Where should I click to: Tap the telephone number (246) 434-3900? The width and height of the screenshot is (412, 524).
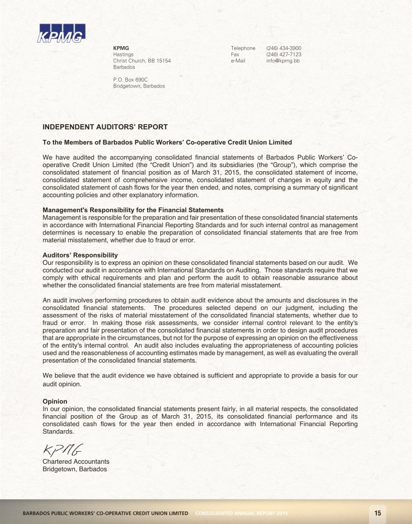(284, 48)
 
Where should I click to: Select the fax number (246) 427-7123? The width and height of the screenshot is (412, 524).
(284, 54)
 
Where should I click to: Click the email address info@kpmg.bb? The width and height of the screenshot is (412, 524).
(283, 61)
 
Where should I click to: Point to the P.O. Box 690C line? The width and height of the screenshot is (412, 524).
(131, 79)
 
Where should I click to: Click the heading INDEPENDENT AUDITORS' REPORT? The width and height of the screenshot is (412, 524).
(105, 127)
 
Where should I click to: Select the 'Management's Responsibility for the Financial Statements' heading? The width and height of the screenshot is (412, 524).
(133, 210)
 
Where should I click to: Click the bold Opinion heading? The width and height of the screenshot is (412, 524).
(55, 401)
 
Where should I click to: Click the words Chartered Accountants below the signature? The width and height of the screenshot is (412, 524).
(76, 462)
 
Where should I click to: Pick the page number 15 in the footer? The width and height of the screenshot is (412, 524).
(377, 512)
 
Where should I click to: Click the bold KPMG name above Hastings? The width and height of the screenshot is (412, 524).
(121, 48)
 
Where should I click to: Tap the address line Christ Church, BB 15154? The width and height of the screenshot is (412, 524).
(142, 61)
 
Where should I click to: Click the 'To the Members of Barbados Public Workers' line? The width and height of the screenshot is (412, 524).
(167, 142)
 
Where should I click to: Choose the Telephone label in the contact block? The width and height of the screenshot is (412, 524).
(243, 48)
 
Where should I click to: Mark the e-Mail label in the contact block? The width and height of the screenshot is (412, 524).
(239, 61)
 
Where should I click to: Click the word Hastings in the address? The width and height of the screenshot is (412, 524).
(123, 54)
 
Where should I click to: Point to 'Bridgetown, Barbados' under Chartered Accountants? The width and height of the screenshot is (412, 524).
(74, 469)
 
